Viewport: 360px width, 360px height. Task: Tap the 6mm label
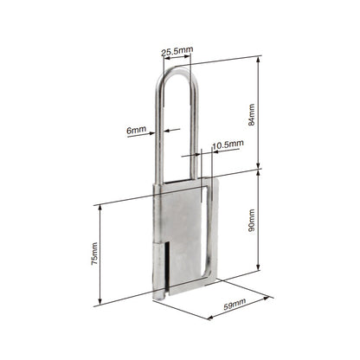136,130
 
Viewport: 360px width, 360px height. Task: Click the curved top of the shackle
178,70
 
